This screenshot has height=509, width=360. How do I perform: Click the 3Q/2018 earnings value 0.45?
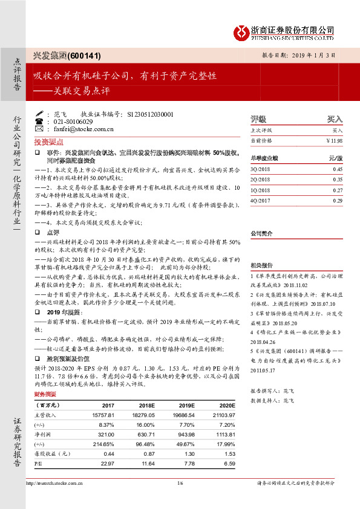click(338, 169)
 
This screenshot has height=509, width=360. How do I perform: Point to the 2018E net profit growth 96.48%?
click(143, 444)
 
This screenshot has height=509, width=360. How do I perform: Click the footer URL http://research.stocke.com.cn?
click(54, 483)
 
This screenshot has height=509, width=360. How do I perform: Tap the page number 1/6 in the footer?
click(180, 483)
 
